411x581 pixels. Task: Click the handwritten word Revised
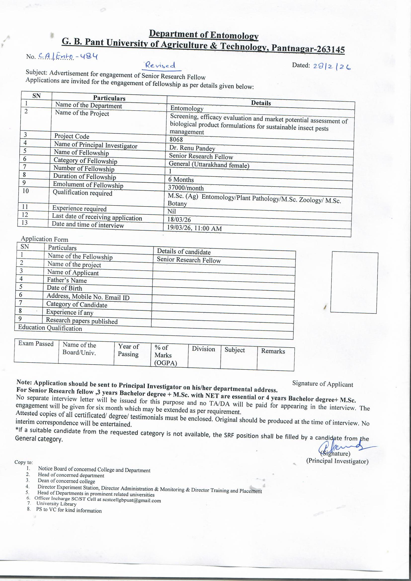point(159,66)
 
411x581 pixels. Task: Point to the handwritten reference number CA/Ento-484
point(68,57)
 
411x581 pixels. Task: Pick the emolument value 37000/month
point(186,188)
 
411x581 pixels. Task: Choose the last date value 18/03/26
point(179,219)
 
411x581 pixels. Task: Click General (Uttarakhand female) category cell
point(209,165)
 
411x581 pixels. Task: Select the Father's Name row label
point(67,280)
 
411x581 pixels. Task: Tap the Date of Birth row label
point(64,288)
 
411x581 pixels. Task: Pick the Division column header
point(203,349)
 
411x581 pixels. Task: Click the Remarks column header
point(273,351)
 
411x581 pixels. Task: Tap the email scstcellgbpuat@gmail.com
point(131,500)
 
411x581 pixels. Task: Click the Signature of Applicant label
point(322,384)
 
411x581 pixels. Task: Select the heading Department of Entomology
point(204,35)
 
